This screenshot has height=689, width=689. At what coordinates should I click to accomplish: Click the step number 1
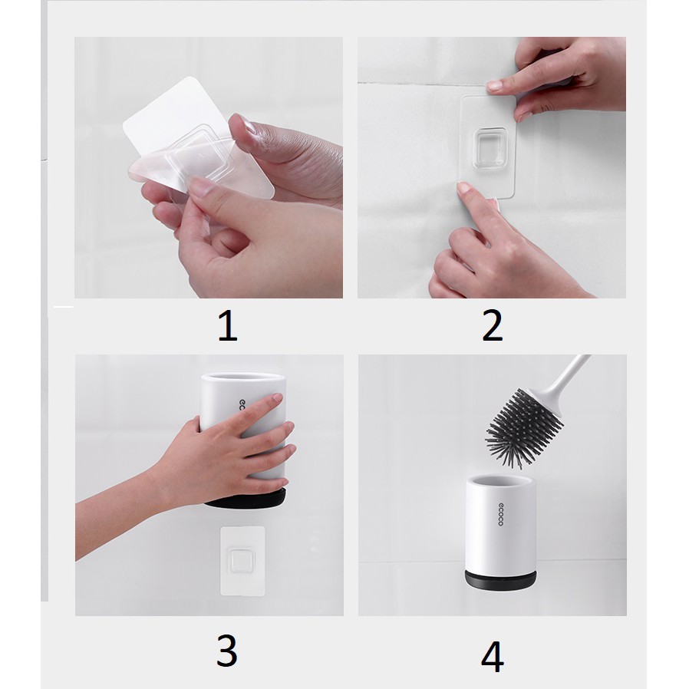tap(228, 325)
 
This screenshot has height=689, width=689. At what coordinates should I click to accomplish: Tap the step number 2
tap(492, 325)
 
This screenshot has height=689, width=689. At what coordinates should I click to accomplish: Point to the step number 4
tap(492, 657)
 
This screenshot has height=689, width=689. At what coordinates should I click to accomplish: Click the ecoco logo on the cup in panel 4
tap(500, 514)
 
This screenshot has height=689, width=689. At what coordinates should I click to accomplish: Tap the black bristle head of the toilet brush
tap(523, 427)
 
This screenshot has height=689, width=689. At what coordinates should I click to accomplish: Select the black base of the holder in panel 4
tap(500, 580)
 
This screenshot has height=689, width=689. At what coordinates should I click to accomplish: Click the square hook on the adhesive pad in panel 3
tap(241, 560)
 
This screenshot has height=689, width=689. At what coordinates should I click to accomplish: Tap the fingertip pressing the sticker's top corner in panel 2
tap(495, 86)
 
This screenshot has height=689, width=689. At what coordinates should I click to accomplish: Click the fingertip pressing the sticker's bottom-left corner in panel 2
tap(465, 189)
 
